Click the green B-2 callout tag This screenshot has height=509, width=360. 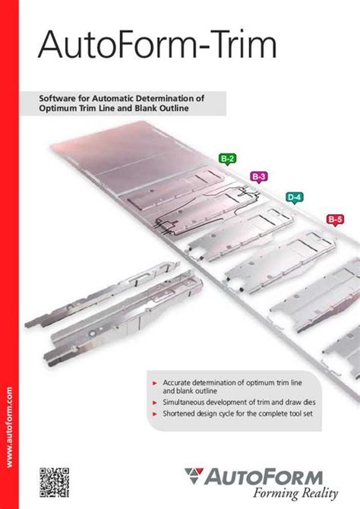tap(227, 159)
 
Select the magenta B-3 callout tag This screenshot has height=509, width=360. tap(259, 177)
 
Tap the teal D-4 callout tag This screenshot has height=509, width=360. tap(295, 198)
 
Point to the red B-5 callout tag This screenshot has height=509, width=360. tap(336, 220)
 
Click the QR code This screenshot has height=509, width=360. tap(54, 482)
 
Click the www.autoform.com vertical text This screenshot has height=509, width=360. tap(9, 427)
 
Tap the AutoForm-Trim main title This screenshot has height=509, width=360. tap(157, 45)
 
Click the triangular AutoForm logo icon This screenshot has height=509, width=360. tap(194, 476)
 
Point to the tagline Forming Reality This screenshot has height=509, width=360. tap(295, 493)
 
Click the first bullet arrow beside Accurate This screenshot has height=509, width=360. tap(155, 384)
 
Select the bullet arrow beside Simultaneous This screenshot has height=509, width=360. tap(155, 403)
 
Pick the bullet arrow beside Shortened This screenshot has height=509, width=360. tap(155, 414)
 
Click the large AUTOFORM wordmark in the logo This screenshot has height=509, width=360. tap(264, 477)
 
